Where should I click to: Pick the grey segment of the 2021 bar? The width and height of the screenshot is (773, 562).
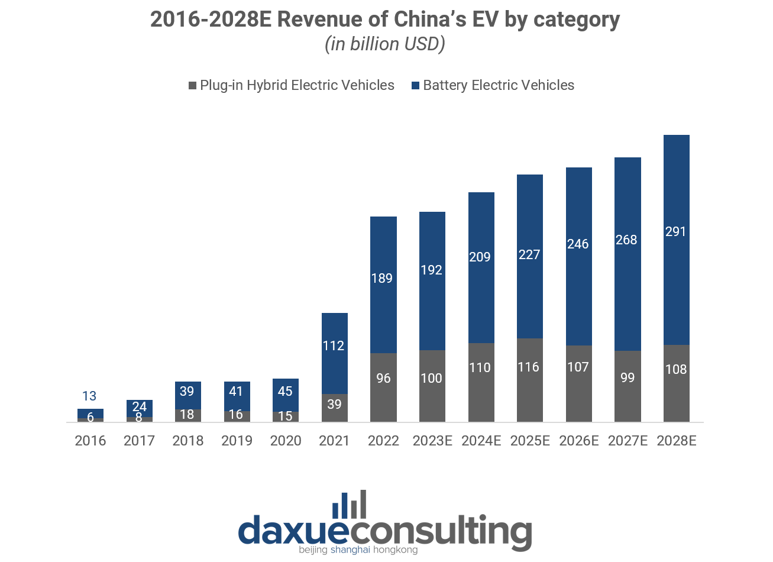335,412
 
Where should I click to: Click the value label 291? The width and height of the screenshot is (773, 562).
675,231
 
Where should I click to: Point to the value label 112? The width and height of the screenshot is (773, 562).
334,345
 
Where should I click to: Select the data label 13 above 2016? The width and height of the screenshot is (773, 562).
89,396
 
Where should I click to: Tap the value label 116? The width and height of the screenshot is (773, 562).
528,367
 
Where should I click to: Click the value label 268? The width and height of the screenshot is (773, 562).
626,240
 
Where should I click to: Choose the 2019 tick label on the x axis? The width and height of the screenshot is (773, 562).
237,441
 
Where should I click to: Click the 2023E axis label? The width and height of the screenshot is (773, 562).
432,441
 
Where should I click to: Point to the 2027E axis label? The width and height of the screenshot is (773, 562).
628,441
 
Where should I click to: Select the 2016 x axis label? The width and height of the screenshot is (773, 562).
90,441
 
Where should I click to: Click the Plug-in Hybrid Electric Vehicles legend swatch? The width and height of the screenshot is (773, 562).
192,86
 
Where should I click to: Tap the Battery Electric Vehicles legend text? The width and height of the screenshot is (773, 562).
499,85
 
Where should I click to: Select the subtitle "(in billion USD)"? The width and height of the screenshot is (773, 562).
385,44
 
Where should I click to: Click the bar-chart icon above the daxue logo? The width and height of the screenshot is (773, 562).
349,505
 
